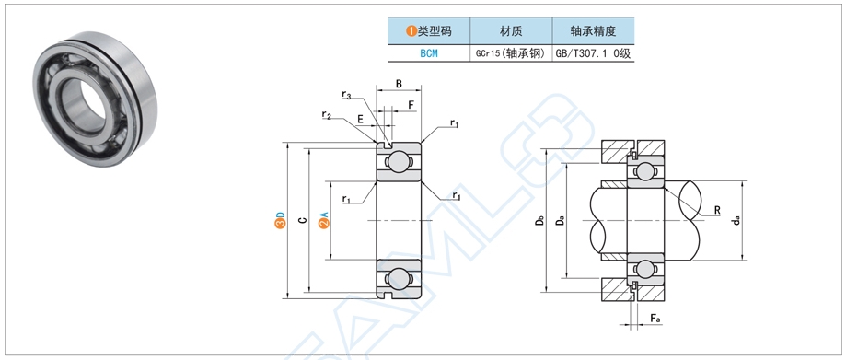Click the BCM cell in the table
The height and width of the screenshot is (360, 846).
(429, 53)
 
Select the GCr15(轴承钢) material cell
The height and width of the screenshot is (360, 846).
(512, 53)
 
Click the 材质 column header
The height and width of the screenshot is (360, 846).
(512, 30)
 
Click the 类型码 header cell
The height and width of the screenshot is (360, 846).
(429, 30)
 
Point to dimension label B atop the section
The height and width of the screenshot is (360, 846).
(399, 84)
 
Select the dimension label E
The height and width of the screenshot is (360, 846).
(360, 120)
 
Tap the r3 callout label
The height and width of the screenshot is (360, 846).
(345, 95)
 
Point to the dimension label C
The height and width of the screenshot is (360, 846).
(302, 221)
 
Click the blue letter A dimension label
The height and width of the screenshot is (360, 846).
(323, 221)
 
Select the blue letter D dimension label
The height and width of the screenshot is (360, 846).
(280, 221)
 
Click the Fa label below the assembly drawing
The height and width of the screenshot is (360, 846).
(655, 319)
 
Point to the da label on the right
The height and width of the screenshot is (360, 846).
(736, 222)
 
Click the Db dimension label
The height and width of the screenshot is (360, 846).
(539, 222)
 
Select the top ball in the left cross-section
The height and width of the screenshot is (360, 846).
(398, 162)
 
